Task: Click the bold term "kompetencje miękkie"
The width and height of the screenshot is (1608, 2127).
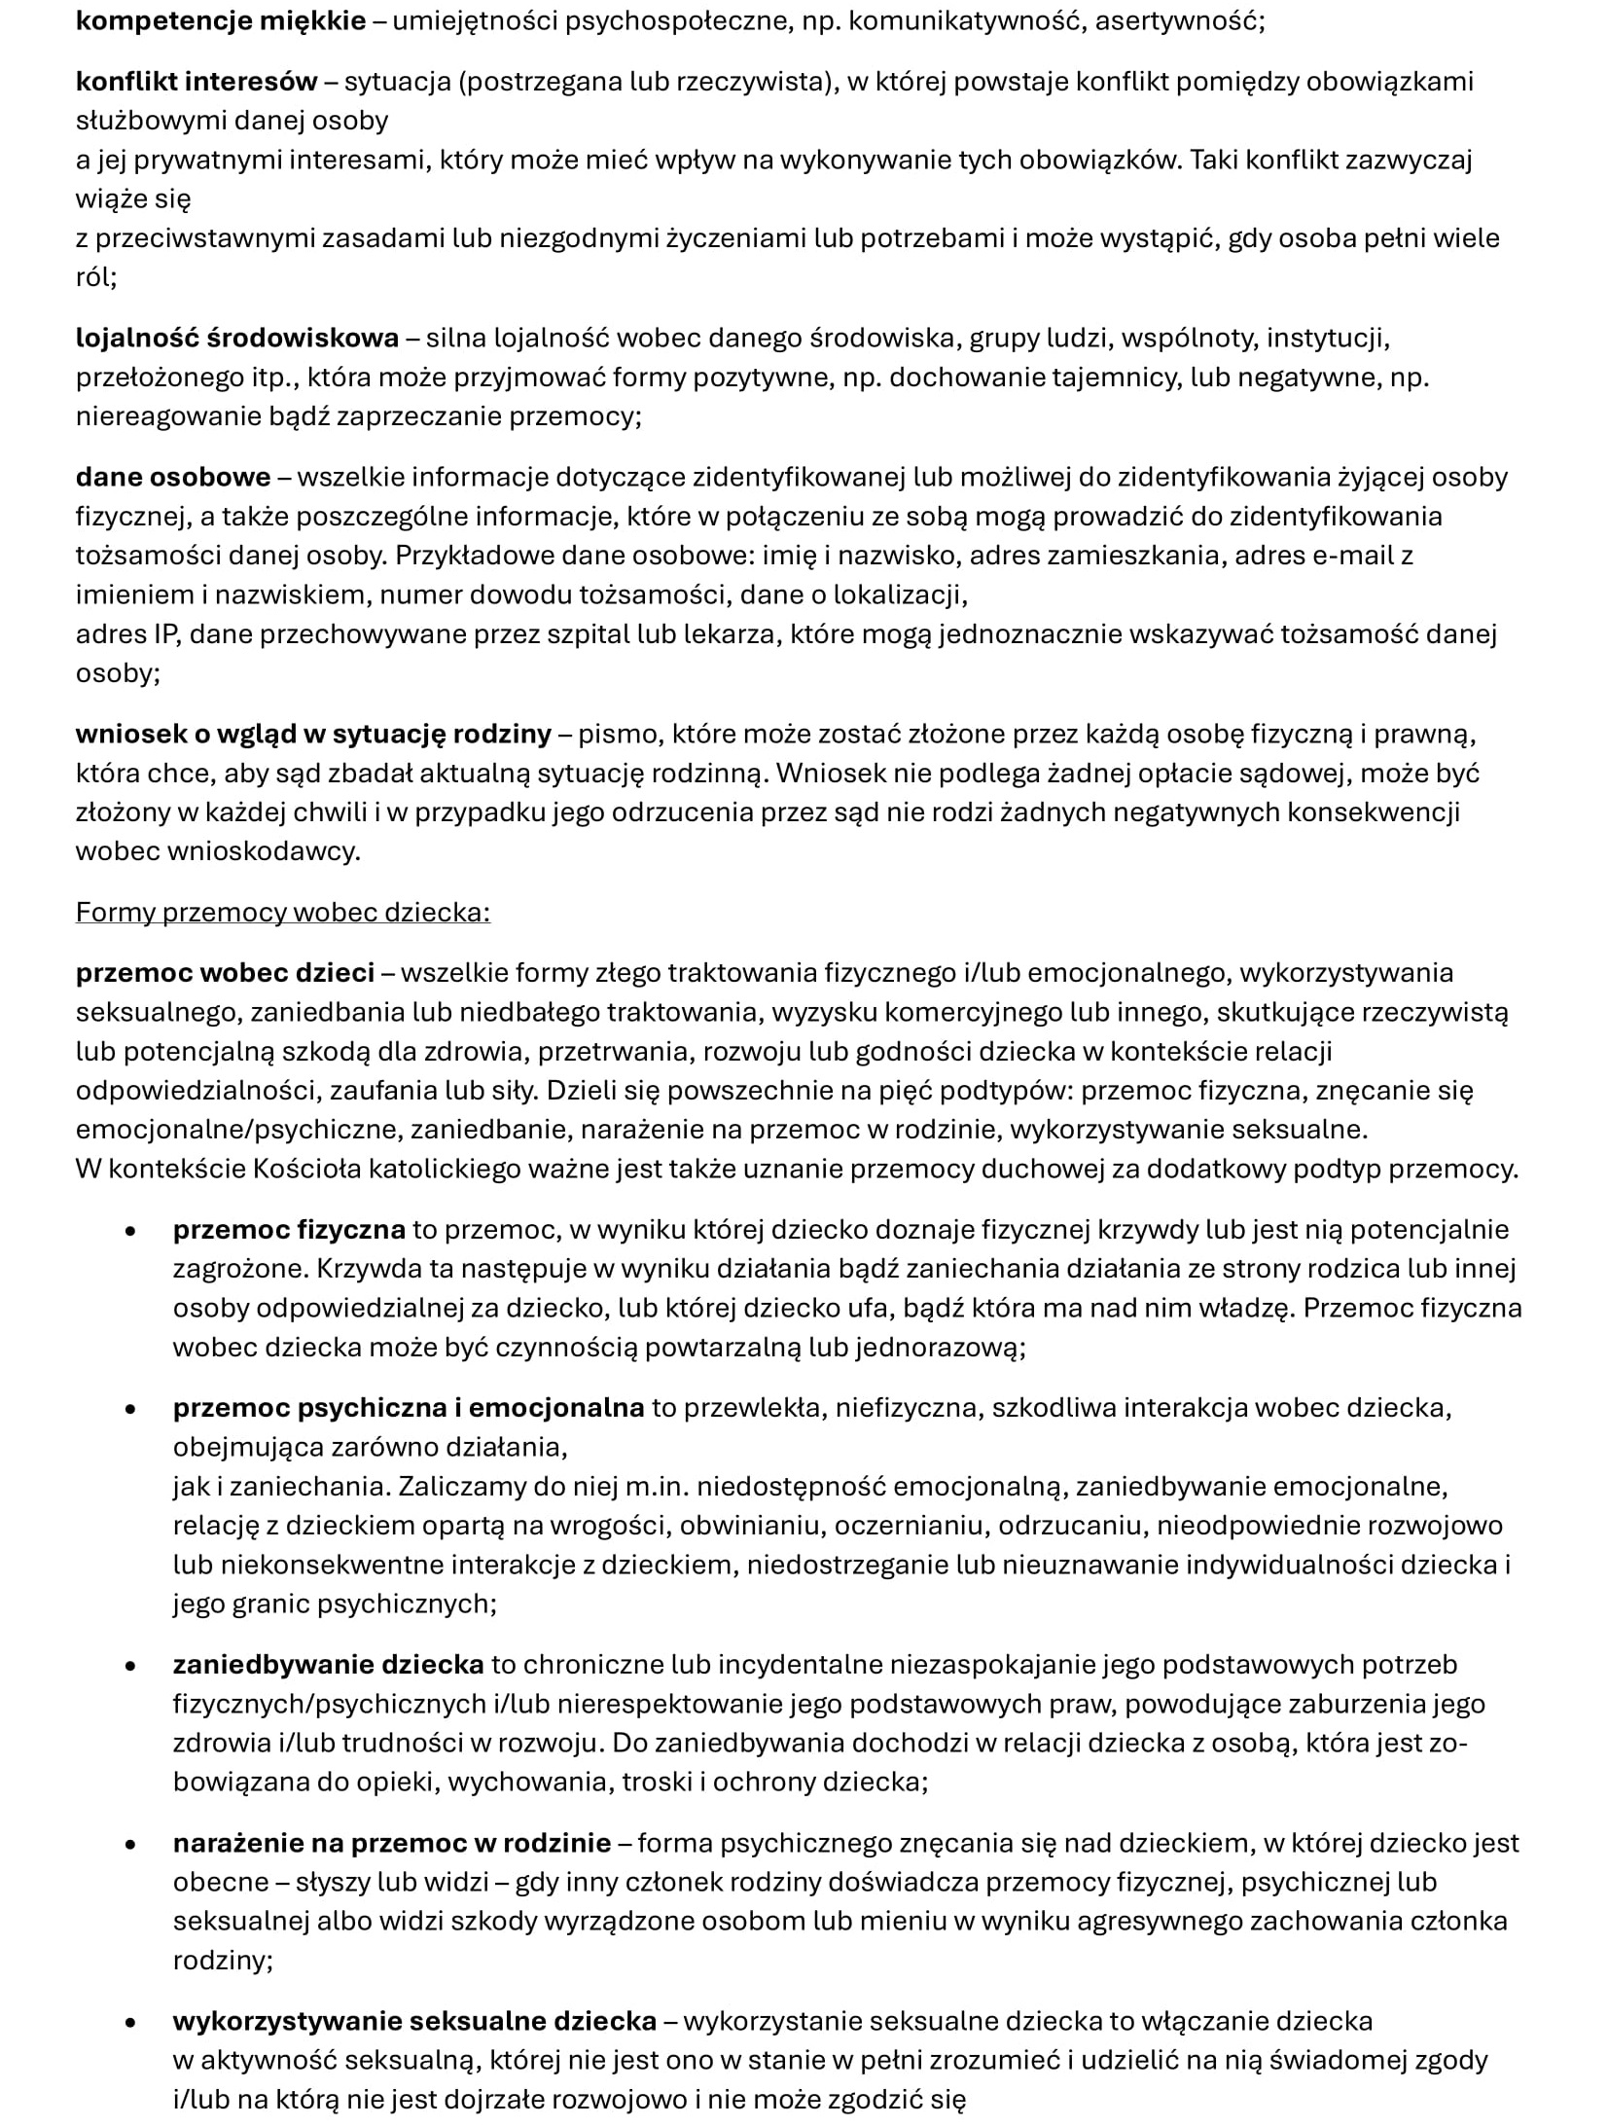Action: (x=221, y=20)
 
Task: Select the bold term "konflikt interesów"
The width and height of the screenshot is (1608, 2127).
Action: (x=197, y=82)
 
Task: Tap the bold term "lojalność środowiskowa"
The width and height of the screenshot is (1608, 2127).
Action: (x=237, y=338)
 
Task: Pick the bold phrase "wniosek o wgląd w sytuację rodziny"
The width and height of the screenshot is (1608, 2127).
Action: (x=313, y=734)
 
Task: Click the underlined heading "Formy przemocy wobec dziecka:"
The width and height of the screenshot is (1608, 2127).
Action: (x=283, y=912)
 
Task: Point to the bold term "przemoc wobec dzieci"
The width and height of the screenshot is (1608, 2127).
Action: (x=225, y=972)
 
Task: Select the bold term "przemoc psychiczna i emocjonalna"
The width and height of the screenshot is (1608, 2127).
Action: (x=409, y=1407)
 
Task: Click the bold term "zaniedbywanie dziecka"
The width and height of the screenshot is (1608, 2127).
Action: (x=328, y=1664)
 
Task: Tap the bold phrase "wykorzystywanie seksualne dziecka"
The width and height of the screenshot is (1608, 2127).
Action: (x=414, y=2021)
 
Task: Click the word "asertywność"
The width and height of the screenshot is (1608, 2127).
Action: (x=1178, y=20)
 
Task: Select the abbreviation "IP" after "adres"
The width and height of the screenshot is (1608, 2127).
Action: (x=164, y=633)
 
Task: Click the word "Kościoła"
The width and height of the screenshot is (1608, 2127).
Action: (x=307, y=1168)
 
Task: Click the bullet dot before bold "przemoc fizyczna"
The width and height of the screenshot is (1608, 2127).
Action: (x=130, y=1231)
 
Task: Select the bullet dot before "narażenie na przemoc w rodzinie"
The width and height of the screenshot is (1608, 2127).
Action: (x=130, y=1844)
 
